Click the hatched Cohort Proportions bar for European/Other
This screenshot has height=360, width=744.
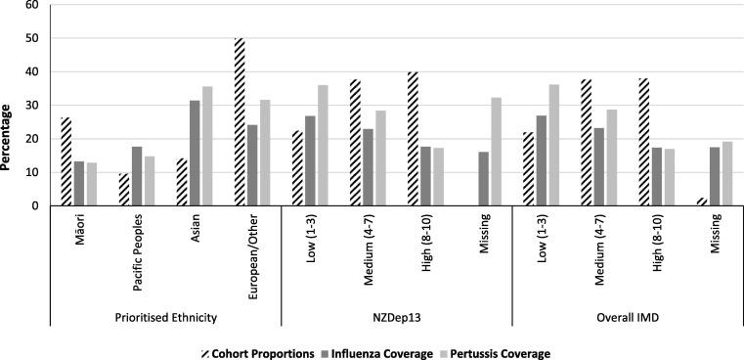239,122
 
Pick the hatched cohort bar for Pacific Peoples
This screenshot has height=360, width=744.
123,190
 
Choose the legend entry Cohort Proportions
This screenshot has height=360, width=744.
263,351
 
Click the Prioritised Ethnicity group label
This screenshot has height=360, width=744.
165,316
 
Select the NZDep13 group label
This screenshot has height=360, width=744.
397,316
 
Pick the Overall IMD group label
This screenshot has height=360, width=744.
628,316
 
